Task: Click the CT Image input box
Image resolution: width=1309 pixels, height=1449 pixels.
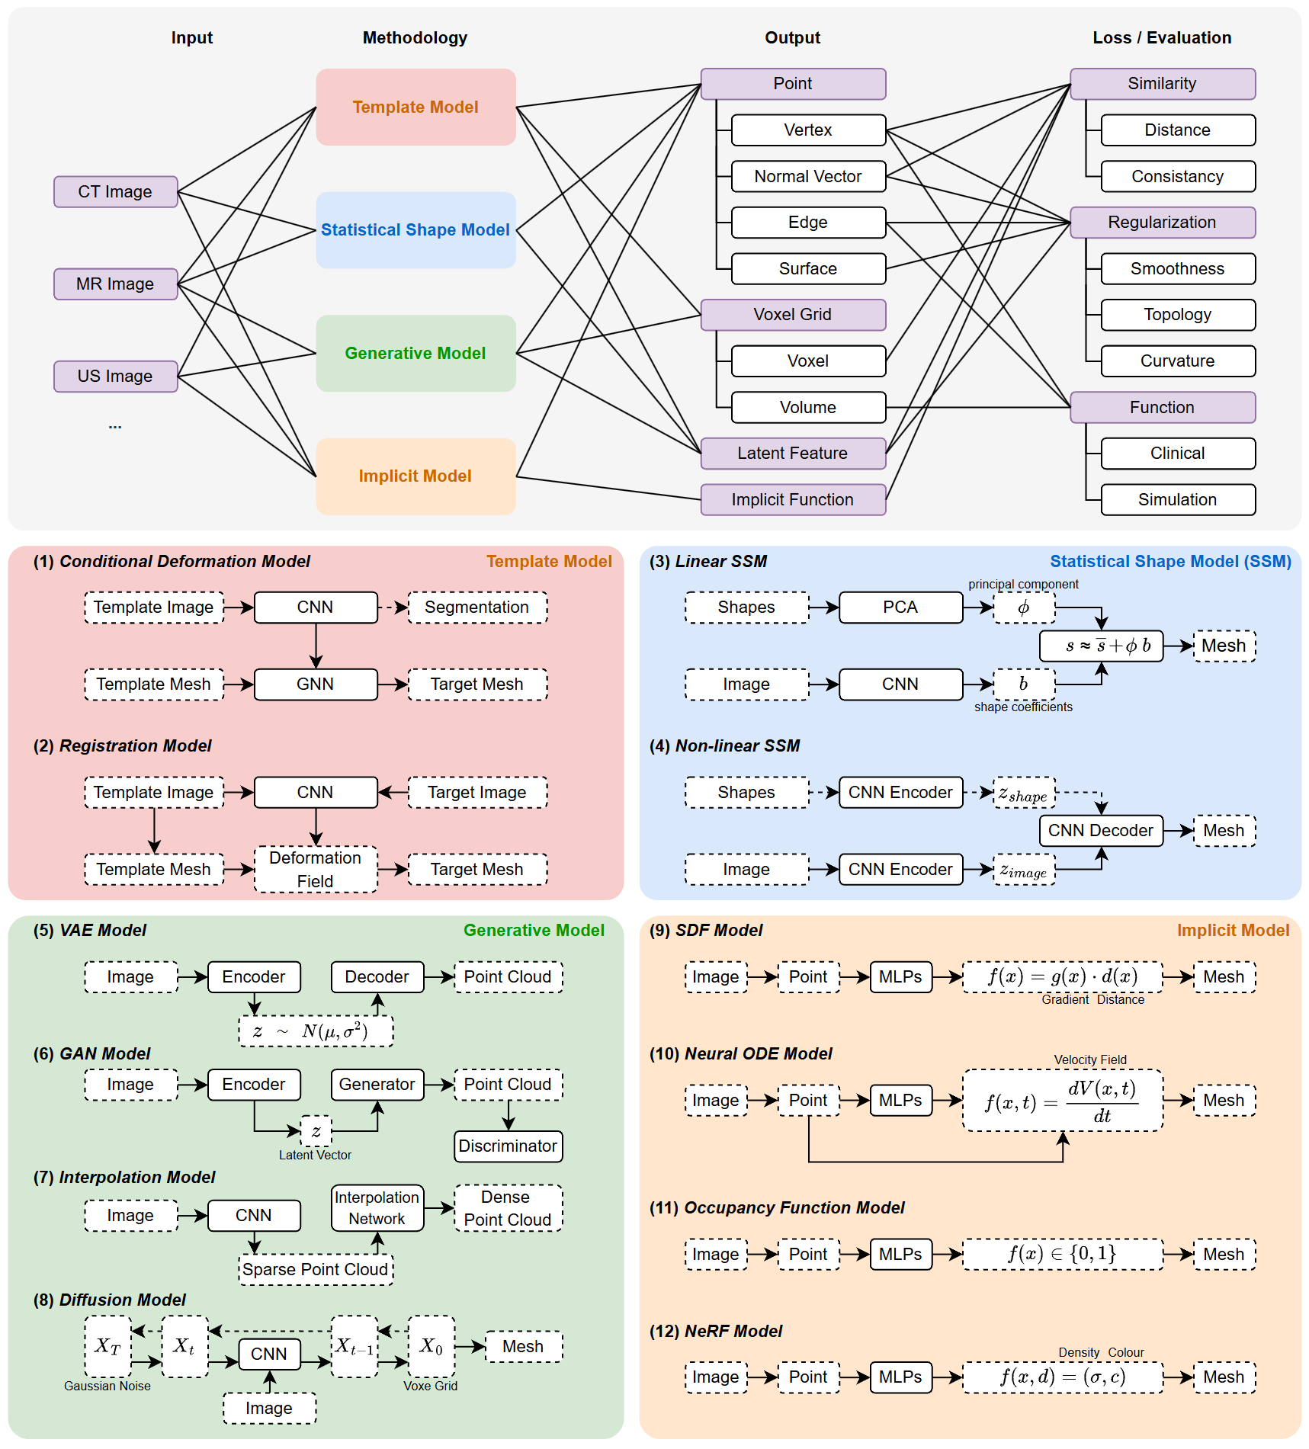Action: pyautogui.click(x=115, y=191)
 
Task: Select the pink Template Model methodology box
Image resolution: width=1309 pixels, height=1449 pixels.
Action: pyautogui.click(x=415, y=107)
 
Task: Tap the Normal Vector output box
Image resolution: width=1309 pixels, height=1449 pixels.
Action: pyautogui.click(x=807, y=176)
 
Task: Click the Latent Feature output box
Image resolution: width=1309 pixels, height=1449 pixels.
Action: pyautogui.click(x=792, y=453)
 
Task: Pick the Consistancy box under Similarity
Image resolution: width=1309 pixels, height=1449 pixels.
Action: pyautogui.click(x=1177, y=176)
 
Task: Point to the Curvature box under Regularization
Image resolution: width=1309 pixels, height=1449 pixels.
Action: pyautogui.click(x=1177, y=361)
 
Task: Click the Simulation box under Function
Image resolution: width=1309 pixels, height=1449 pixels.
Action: pyautogui.click(x=1177, y=499)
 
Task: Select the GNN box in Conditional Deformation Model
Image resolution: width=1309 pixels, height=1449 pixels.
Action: pyautogui.click(x=315, y=684)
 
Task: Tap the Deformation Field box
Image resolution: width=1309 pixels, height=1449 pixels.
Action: pyautogui.click(x=315, y=869)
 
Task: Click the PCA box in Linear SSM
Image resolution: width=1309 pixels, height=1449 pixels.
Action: pyautogui.click(x=900, y=607)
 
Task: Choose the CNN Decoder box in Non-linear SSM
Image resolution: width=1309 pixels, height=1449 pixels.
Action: pyautogui.click(x=1100, y=830)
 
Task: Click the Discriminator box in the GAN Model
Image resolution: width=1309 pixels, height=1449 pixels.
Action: pyautogui.click(x=508, y=1146)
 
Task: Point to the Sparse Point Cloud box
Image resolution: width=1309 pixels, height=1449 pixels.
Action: pyautogui.click(x=315, y=1269)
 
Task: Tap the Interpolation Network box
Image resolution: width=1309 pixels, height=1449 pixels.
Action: pyautogui.click(x=377, y=1207)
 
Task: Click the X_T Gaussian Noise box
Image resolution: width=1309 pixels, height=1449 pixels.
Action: pyautogui.click(x=107, y=1346)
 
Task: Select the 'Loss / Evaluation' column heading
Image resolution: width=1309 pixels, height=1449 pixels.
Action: pyautogui.click(x=1161, y=37)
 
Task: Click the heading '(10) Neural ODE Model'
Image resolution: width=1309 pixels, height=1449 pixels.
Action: pyautogui.click(x=740, y=1053)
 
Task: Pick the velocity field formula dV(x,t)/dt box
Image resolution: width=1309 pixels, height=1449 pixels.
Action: pyautogui.click(x=1062, y=1100)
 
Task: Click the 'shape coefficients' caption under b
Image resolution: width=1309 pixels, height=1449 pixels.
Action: pyautogui.click(x=1022, y=707)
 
